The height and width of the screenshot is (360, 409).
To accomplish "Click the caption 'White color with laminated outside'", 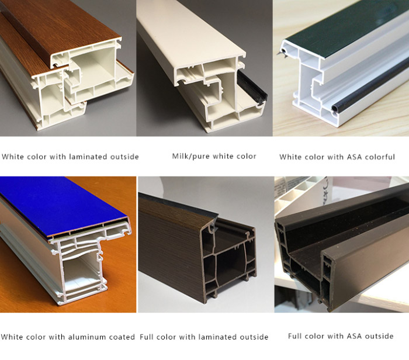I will pyautogui.click(x=70, y=157).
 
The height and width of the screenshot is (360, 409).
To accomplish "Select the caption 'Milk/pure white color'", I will pyautogui.click(x=214, y=156).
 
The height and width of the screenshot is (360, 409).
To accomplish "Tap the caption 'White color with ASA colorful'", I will pyautogui.click(x=337, y=157).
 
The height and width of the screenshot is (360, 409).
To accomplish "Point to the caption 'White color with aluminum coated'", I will pyautogui.click(x=68, y=337).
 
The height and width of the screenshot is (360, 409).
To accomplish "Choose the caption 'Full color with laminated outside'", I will pyautogui.click(x=205, y=337).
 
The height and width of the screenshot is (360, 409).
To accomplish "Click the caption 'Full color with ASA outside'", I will pyautogui.click(x=341, y=336).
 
